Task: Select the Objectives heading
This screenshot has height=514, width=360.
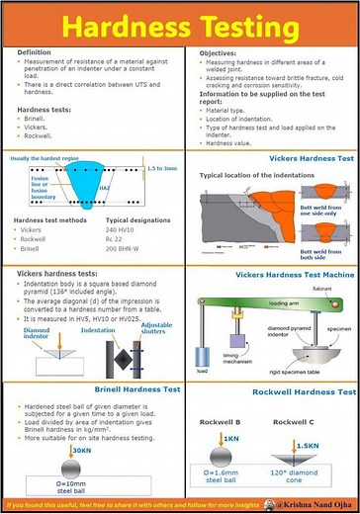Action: (219, 52)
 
